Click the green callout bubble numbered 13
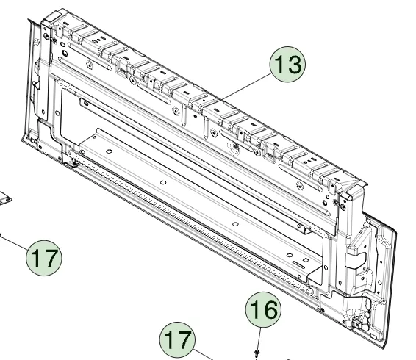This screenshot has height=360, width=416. [x=287, y=65]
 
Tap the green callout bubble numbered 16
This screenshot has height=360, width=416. [x=263, y=309]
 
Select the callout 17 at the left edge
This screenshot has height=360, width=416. [x=44, y=258]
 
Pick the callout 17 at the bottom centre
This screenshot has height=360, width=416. [x=177, y=340]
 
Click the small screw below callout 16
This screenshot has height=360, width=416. [x=257, y=353]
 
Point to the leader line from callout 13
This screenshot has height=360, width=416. [x=246, y=87]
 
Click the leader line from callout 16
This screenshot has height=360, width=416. [x=259, y=339]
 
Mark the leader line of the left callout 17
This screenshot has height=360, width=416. [x=13, y=241]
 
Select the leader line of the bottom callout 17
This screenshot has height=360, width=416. [x=203, y=355]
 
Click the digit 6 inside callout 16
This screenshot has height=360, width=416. [x=270, y=310]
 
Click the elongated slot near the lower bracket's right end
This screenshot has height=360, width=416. [x=300, y=264]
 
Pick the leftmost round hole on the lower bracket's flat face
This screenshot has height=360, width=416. [x=109, y=151]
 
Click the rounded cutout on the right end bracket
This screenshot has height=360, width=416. [x=356, y=260]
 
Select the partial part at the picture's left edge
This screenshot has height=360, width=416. [x=4, y=198]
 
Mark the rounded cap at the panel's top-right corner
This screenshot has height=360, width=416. [x=350, y=192]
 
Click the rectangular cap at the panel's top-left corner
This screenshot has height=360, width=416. [x=52, y=18]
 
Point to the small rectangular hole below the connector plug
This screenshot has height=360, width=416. [x=373, y=336]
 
